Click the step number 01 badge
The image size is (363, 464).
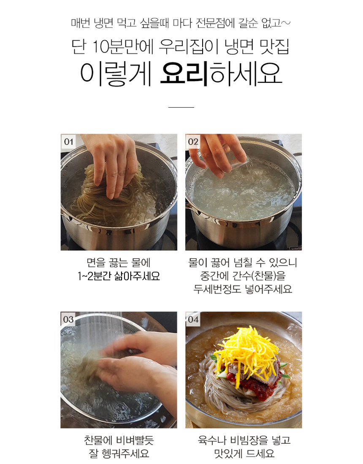pyautogui.click(x=68, y=142)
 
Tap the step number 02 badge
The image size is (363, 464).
pyautogui.click(x=193, y=142)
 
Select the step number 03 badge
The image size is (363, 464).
pyautogui.click(x=68, y=319)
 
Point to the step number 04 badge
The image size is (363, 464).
pyautogui.click(x=193, y=319)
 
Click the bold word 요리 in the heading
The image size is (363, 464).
pyautogui.click(x=184, y=74)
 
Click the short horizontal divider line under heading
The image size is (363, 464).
pyautogui.click(x=181, y=107)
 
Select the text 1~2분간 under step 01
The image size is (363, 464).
pyautogui.click(x=94, y=276)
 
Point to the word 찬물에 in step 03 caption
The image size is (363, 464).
pyautogui.click(x=98, y=440)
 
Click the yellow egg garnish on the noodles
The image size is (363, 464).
pyautogui.click(x=247, y=349)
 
